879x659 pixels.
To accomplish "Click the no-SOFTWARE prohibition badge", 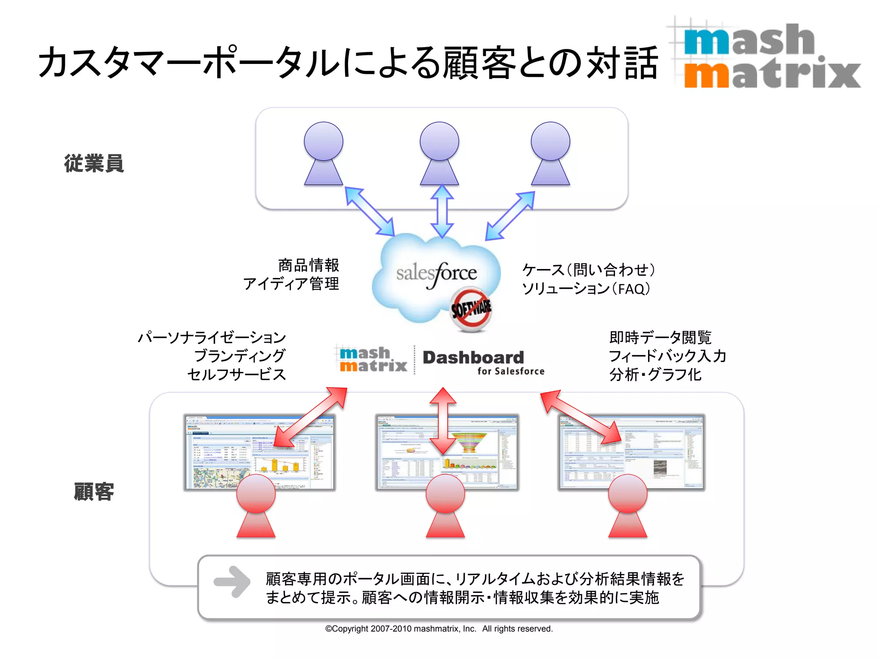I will pos(471,309).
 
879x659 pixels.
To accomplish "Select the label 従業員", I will pos(94,163).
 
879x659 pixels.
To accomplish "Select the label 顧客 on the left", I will pos(94,492).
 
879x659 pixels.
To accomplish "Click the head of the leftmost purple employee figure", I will pos(323,141).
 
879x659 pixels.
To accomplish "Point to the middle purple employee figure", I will pos(439,154).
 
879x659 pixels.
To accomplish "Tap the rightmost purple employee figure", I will pos(550,154).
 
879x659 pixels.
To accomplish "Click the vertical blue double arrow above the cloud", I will pos(442,211).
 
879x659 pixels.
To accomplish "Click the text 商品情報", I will pos(308,265).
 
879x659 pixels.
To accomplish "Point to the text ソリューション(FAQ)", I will pos(585,289).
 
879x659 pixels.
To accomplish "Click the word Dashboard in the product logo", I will pos(473,357).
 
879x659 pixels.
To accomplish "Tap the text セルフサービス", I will pos(236,375).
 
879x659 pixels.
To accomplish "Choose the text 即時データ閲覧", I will pos(660,338).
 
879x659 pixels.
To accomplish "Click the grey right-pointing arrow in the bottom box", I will pos(232,581).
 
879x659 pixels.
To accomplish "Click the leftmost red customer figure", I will pos(256,506).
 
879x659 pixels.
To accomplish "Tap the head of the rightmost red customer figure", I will pos(627,494).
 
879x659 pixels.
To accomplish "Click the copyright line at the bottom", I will pos(439,629).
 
